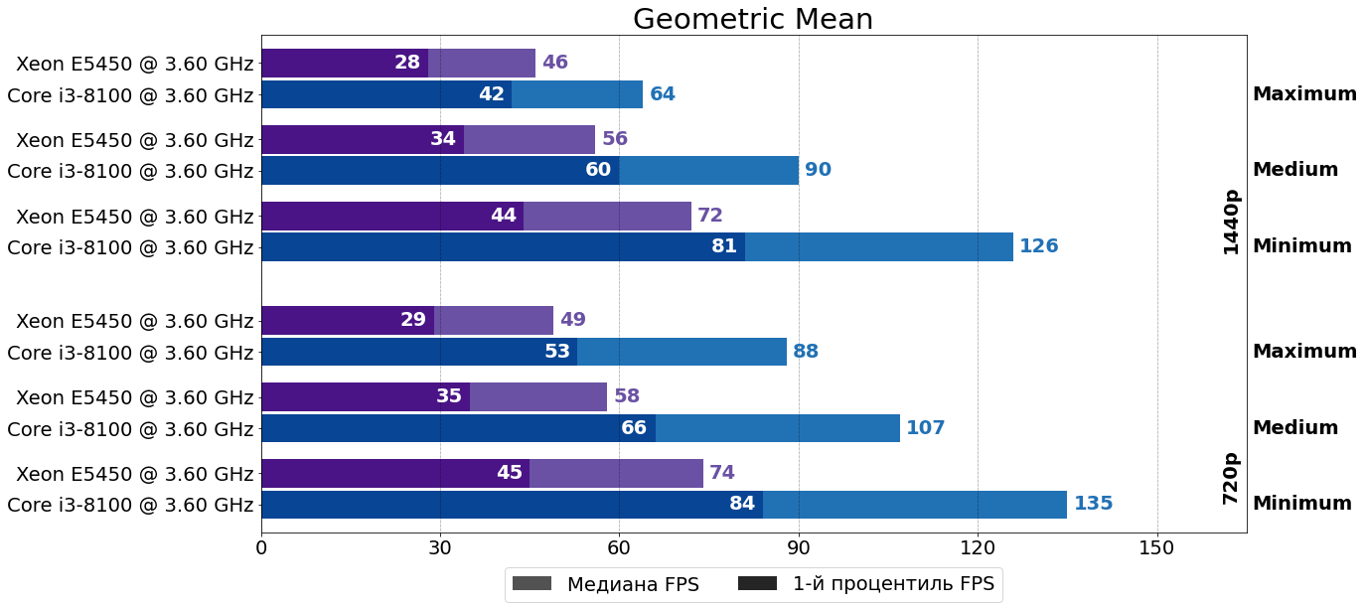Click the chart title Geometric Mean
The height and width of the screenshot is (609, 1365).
(x=753, y=19)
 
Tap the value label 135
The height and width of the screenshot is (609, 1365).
(x=1093, y=504)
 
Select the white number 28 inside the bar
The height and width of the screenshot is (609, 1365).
(x=407, y=63)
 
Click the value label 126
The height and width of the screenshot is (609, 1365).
(x=1038, y=246)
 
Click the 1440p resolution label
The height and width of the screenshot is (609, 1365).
(x=1231, y=223)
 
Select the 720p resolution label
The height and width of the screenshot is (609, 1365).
(x=1231, y=479)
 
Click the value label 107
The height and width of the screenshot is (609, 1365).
(x=925, y=428)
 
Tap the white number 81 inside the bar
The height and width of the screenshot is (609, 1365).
(x=724, y=246)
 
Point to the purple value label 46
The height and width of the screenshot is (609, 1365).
(x=555, y=63)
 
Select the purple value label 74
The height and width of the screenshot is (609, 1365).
(x=722, y=473)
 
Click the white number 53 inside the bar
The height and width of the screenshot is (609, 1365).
(x=557, y=352)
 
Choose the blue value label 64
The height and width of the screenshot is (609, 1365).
(x=663, y=94)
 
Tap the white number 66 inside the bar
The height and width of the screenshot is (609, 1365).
(x=634, y=428)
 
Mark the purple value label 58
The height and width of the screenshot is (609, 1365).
(x=627, y=396)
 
